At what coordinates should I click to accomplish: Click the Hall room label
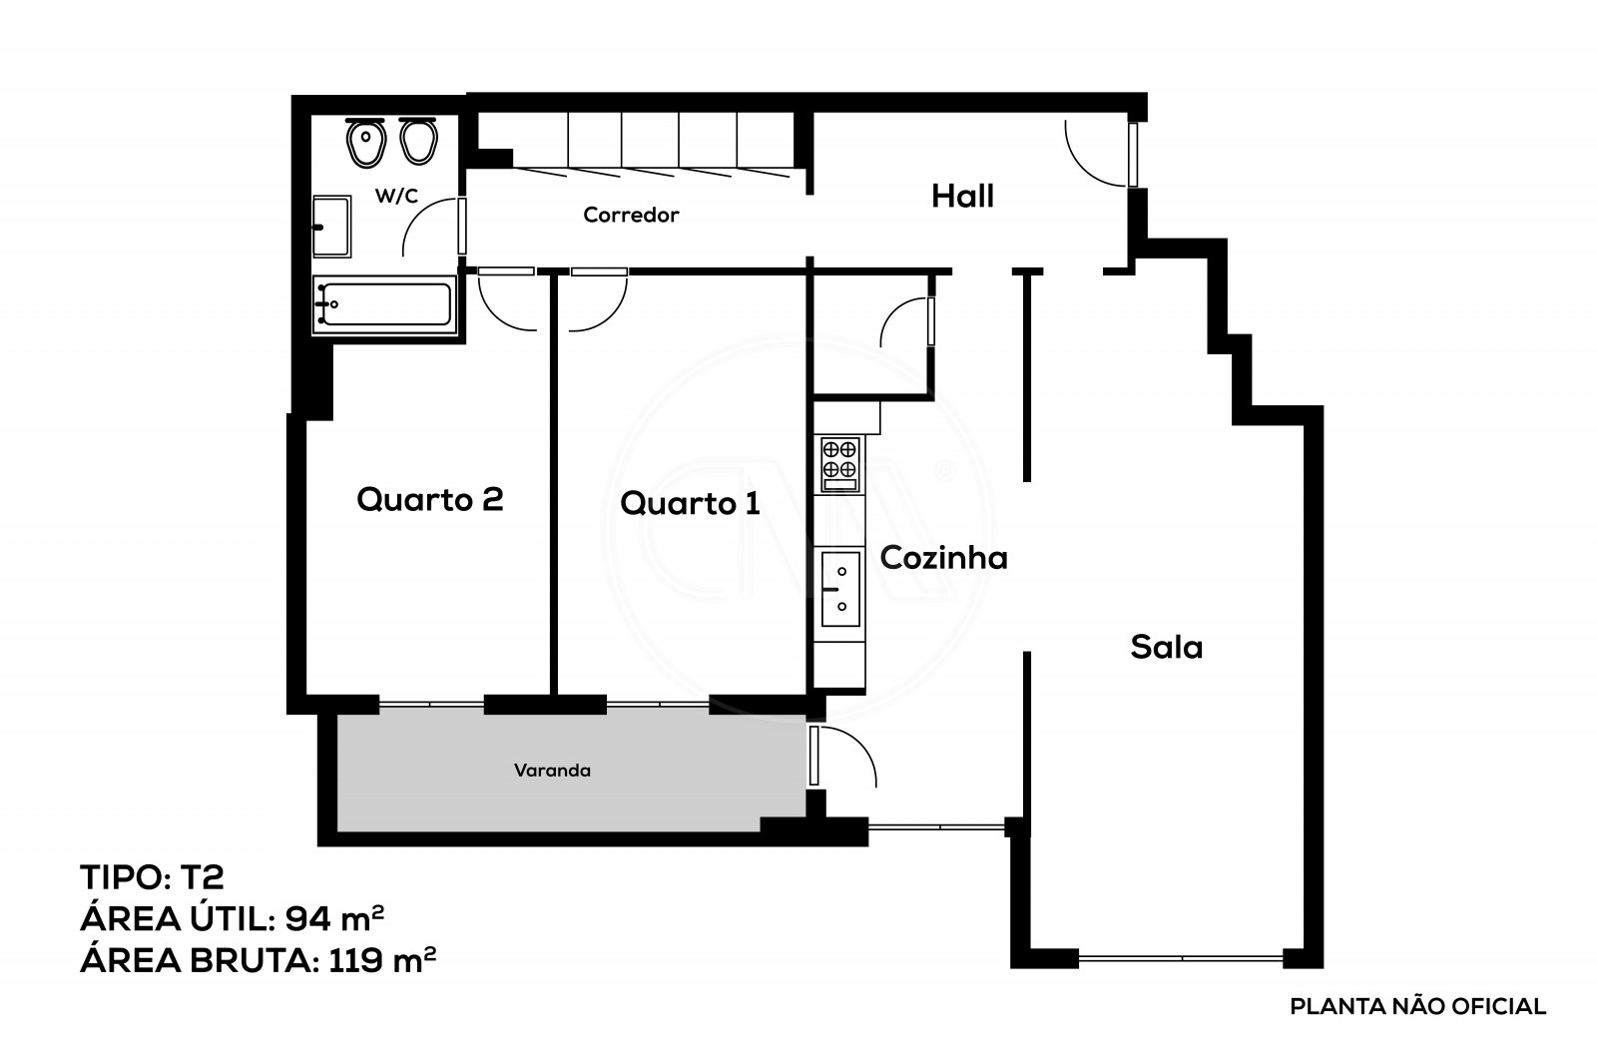tap(962, 197)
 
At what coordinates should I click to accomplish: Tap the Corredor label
tap(631, 215)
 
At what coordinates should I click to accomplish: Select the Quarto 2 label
tap(429, 499)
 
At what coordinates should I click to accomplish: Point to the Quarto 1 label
tap(690, 503)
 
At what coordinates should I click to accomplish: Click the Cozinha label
tap(943, 558)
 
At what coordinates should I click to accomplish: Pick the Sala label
tap(1166, 648)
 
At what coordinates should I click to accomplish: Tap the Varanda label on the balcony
tap(552, 771)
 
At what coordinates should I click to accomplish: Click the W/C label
tap(396, 197)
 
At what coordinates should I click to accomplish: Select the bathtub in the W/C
tap(384, 304)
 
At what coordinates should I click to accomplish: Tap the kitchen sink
tap(839, 589)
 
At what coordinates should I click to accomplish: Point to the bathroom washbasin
tap(331, 227)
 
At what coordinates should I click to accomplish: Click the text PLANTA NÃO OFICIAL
tap(1417, 1007)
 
